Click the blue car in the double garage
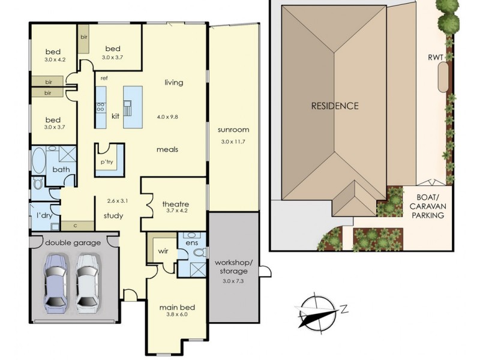(x=55, y=280)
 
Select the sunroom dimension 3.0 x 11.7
(x=234, y=142)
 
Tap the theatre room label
(x=176, y=204)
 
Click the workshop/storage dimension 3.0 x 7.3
(x=235, y=280)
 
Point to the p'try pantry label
(x=107, y=163)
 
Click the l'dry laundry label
(x=42, y=214)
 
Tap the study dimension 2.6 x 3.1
(x=117, y=200)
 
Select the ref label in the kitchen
(x=104, y=77)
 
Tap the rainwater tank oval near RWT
(x=443, y=77)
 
